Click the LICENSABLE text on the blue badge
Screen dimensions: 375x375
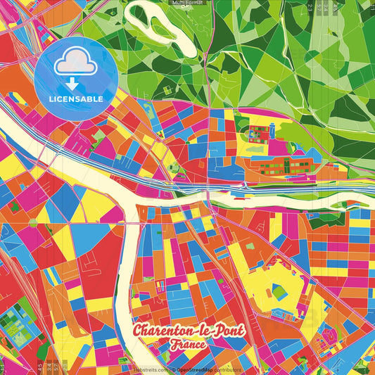[76, 99]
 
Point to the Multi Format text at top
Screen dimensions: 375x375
[187, 3]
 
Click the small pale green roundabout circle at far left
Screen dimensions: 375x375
[32, 222]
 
